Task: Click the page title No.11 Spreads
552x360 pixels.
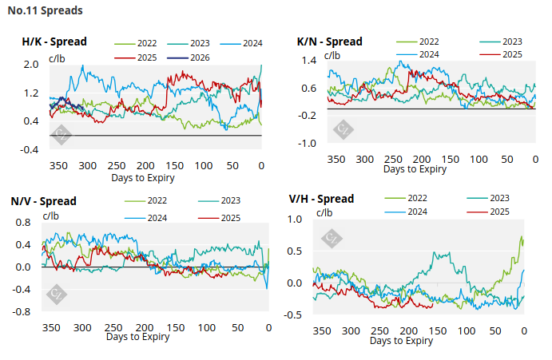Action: coord(45,11)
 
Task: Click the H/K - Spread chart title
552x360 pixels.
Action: coord(54,42)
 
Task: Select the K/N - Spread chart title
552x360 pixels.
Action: coord(329,42)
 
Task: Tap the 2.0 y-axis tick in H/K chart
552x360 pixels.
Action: coord(31,65)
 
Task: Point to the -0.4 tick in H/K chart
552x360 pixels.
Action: coord(30,149)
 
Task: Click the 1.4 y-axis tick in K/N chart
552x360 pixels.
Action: coord(308,61)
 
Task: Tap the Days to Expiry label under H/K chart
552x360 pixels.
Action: coord(143,177)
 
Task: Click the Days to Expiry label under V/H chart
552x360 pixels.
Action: coord(402,341)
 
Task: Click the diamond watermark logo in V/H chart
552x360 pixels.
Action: coord(330,238)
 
